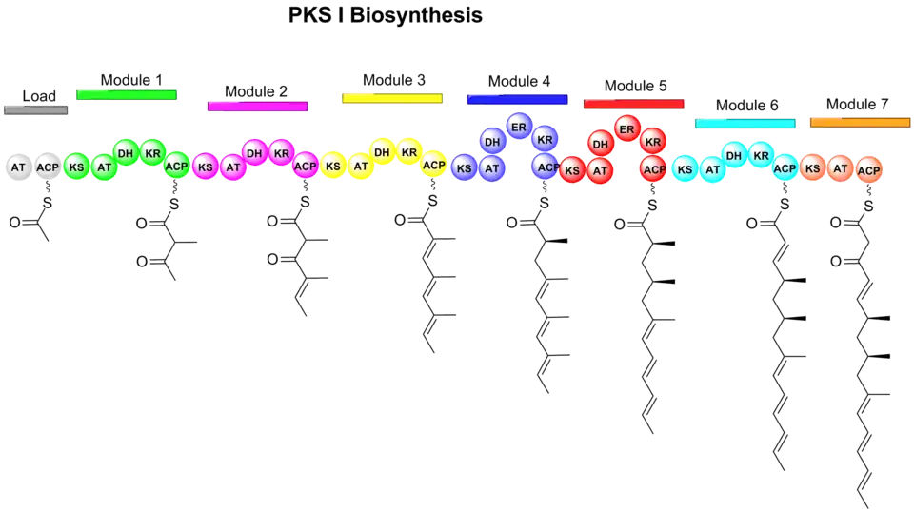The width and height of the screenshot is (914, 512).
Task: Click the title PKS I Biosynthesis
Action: coord(385,16)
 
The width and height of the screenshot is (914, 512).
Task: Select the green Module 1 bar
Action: coord(128,94)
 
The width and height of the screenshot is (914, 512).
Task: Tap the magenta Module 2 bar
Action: coord(257,106)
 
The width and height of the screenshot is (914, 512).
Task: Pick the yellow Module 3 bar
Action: coord(392,98)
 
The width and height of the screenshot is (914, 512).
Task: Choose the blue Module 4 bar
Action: coord(517,98)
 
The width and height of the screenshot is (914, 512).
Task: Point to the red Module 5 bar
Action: coord(633,104)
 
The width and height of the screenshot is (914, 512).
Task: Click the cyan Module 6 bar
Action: coord(745,122)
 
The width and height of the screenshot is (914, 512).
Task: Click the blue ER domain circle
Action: coord(519,127)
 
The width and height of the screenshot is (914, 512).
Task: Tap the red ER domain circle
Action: coord(626,128)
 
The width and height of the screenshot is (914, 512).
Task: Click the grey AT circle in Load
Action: coord(18,167)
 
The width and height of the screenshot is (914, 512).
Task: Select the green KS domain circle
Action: coord(76,168)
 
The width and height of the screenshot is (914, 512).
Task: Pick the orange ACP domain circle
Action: coord(868,171)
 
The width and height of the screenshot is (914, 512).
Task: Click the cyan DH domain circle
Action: coord(734,154)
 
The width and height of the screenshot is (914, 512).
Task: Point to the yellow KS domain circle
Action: coord(333,167)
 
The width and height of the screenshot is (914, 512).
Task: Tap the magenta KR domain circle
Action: coord(281,152)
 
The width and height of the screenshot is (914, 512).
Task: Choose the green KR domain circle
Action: coord(152,152)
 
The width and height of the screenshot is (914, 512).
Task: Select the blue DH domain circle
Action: coord(492,142)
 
